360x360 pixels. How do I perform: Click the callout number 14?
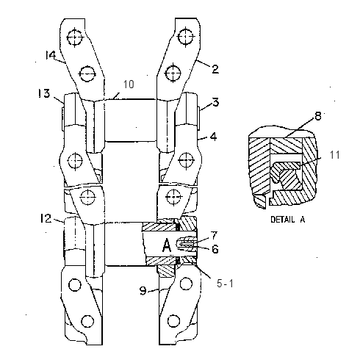51,55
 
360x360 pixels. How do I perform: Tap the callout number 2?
215,69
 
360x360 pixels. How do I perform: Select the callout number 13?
44,93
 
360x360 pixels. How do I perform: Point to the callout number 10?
129,84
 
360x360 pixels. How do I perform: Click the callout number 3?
215,102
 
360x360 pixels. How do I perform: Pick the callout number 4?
214,137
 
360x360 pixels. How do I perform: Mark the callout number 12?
46,218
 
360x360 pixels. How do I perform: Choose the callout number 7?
214,236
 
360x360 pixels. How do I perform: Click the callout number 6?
215,249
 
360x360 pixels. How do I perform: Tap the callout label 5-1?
225,284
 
